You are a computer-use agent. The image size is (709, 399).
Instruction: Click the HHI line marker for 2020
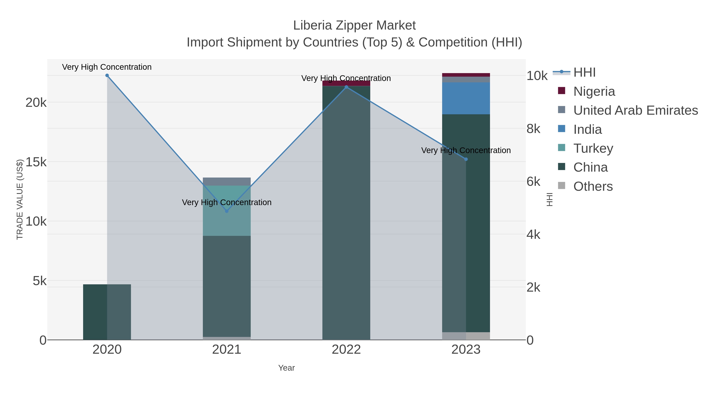pyautogui.click(x=107, y=75)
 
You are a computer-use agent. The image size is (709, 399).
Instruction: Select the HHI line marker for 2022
pyautogui.click(x=346, y=87)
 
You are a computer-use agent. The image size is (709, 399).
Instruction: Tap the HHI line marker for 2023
pyautogui.click(x=466, y=159)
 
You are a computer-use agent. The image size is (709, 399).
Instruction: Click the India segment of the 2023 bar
pyautogui.click(x=466, y=98)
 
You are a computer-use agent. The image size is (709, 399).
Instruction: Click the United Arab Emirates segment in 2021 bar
pyautogui.click(x=227, y=181)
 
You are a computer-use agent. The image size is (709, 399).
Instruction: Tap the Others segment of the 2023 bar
pyautogui.click(x=466, y=336)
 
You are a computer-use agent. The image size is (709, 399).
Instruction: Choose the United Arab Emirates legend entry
pyautogui.click(x=635, y=110)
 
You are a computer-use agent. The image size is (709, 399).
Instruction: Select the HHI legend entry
pyautogui.click(x=584, y=73)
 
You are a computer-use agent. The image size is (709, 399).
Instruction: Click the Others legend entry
pyautogui.click(x=593, y=186)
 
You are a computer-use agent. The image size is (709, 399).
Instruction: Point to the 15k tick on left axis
pyautogui.click(x=36, y=162)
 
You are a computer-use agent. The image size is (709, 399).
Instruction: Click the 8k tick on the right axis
pyautogui.click(x=533, y=129)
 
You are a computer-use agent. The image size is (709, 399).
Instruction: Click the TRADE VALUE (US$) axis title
pyautogui.click(x=20, y=199)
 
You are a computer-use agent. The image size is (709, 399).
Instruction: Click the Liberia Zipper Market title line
pyautogui.click(x=354, y=25)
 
